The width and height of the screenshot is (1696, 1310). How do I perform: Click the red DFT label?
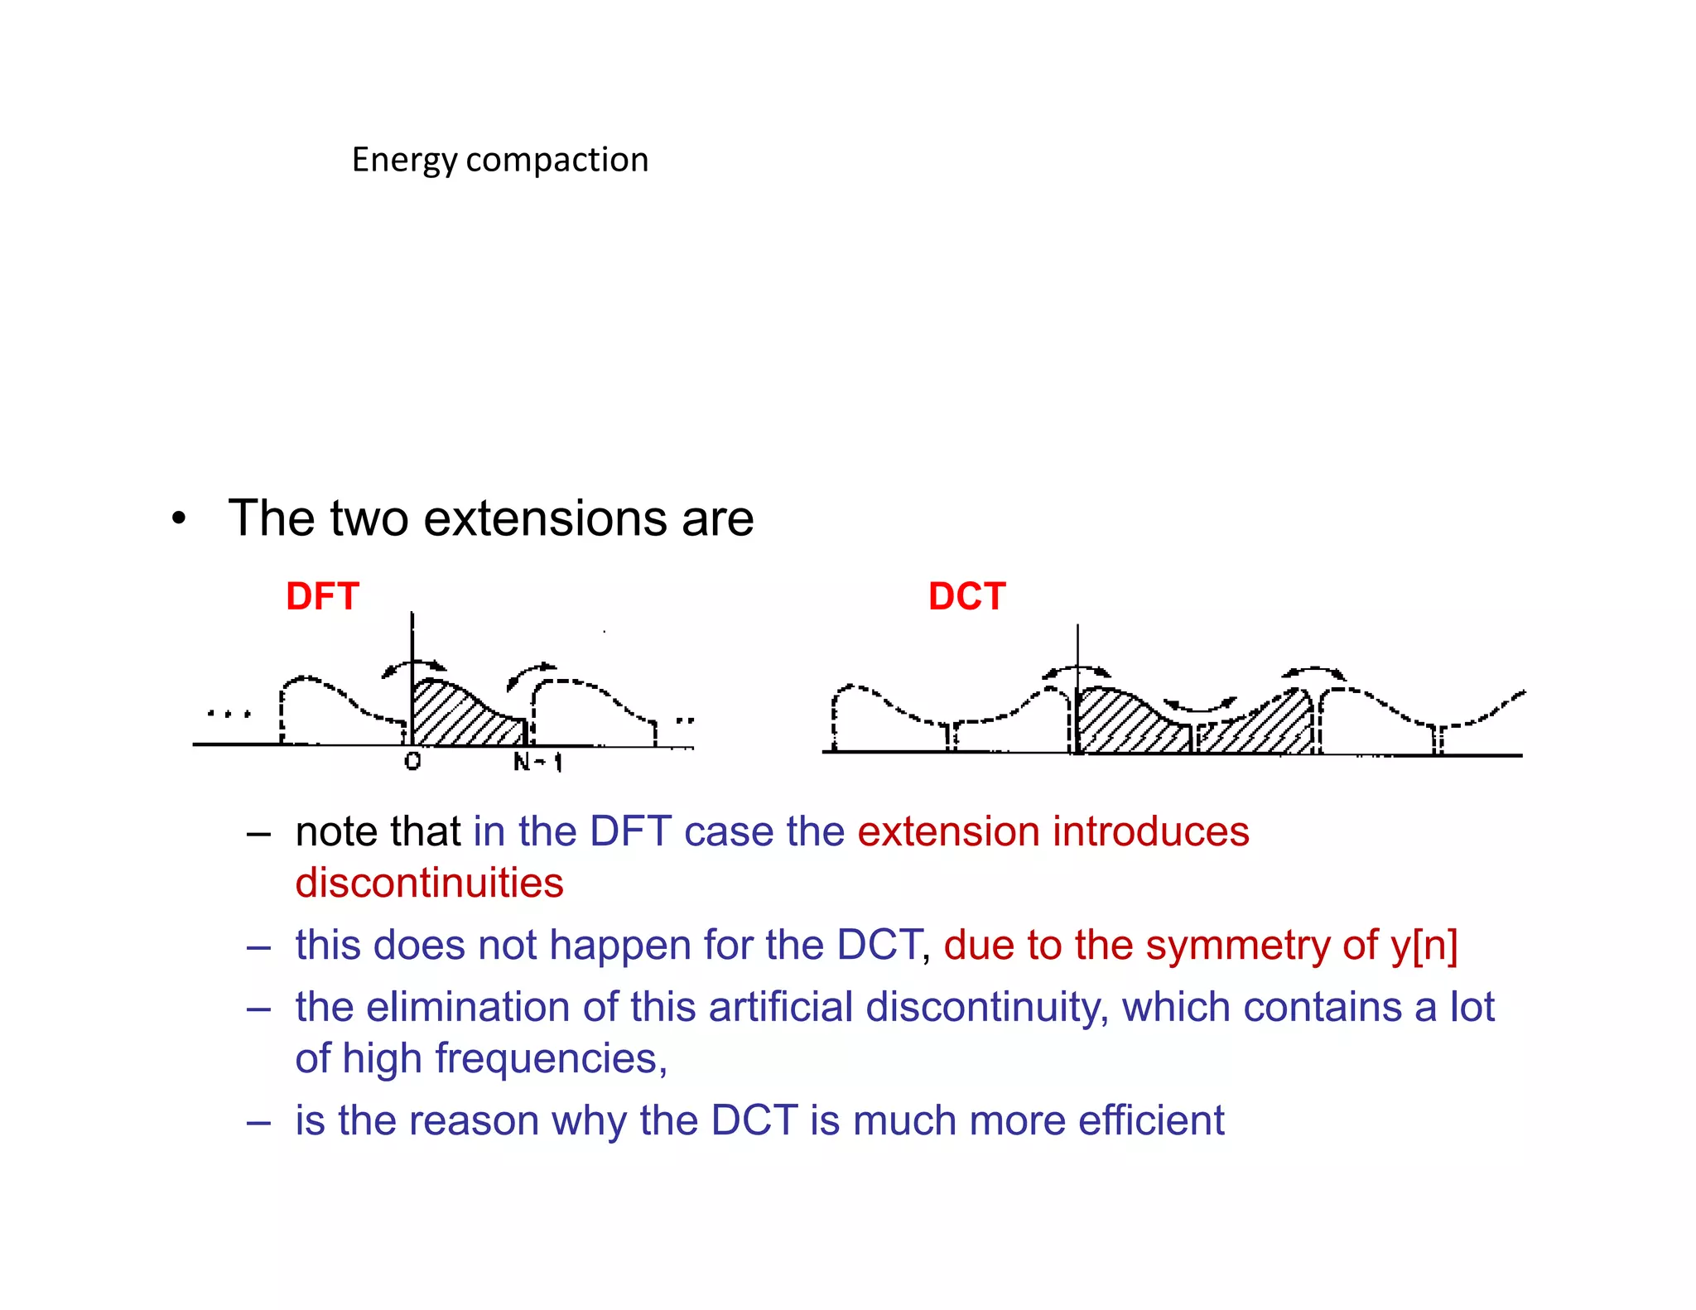tap(322, 596)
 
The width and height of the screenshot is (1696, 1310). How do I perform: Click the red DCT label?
tap(966, 596)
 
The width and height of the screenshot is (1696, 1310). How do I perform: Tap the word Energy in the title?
tap(403, 160)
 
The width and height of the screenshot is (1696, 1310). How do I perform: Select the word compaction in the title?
tap(556, 160)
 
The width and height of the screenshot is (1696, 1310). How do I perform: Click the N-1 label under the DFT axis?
tap(537, 762)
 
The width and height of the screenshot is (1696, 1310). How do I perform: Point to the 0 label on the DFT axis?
tap(412, 761)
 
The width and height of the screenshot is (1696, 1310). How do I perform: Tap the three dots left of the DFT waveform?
tap(229, 713)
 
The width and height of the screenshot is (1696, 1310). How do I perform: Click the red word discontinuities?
tap(429, 883)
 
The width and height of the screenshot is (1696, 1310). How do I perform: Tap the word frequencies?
tap(550, 1058)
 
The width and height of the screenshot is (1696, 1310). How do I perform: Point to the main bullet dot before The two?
tap(178, 519)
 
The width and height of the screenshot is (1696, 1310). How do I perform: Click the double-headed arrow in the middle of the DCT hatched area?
tap(1199, 706)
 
